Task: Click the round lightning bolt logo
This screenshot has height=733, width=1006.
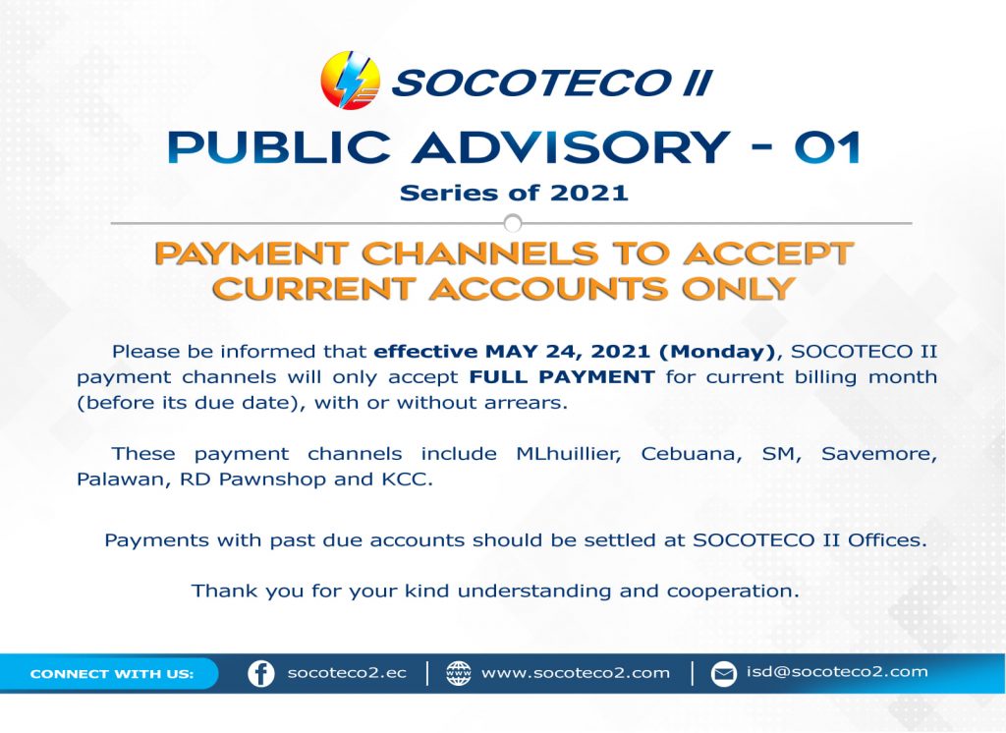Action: (351, 81)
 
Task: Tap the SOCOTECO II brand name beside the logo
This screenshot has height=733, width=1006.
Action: (552, 83)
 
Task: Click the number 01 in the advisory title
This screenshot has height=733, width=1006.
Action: (827, 147)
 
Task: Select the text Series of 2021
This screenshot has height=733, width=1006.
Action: (513, 193)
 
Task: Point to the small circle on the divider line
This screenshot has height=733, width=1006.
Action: (513, 223)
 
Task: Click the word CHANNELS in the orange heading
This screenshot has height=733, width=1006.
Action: (479, 254)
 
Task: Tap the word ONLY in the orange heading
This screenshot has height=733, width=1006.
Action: (738, 289)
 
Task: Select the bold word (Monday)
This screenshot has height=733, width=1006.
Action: (717, 352)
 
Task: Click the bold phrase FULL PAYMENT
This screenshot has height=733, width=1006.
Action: (562, 376)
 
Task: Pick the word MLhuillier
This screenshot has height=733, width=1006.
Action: (569, 454)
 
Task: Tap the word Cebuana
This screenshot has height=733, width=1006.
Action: (691, 454)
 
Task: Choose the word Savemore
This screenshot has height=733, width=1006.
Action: (879, 454)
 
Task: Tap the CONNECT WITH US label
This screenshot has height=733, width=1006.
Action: (112, 674)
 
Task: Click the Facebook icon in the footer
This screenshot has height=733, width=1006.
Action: (261, 674)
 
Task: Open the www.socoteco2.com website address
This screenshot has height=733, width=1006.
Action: (575, 673)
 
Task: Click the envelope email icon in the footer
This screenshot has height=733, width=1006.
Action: (724, 674)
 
